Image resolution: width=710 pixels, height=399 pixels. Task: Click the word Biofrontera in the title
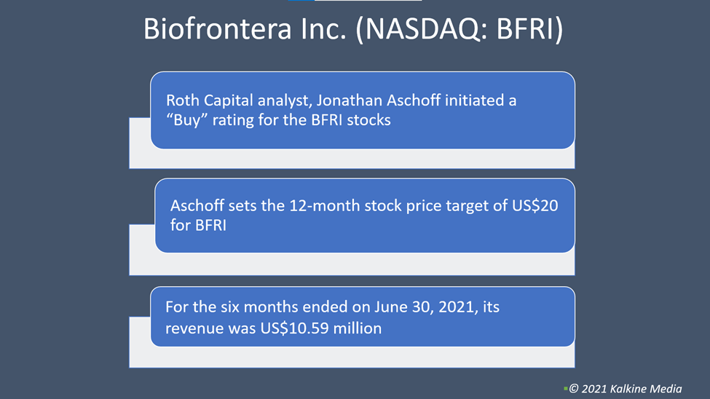pos(217,28)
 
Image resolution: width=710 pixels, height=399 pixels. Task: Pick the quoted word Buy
pos(187,120)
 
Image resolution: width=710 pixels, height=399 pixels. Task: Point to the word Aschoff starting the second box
pos(197,205)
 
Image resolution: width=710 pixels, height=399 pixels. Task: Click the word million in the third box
pos(358,328)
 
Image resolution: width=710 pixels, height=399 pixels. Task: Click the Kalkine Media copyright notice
pos(626,389)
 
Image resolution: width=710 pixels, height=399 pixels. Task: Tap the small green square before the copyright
pos(566,389)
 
